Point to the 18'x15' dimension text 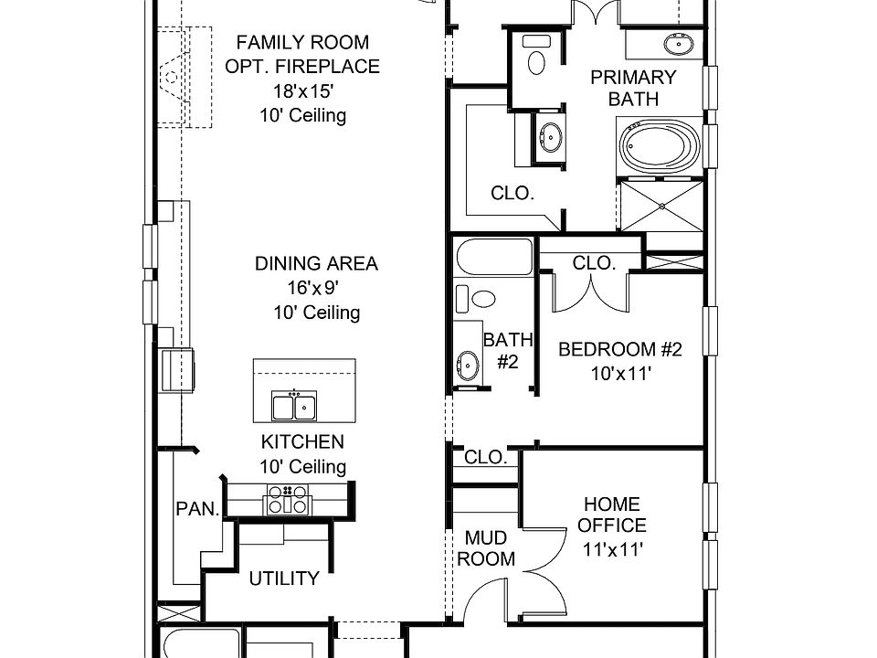coord(302,91)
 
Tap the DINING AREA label coord(316,264)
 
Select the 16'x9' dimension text coord(316,288)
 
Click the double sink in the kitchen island coord(294,405)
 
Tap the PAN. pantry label coord(197,509)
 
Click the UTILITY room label coord(284,578)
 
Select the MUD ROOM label coord(486,547)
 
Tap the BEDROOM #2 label coord(620,349)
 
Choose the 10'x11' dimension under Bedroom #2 coord(620,373)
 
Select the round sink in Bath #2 coord(467,365)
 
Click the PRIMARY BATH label coord(633,88)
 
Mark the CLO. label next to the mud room coord(486,458)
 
